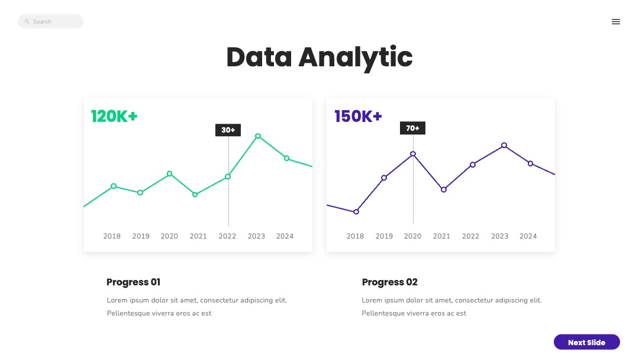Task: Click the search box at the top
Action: [51, 22]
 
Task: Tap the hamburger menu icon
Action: [616, 22]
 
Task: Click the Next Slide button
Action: [586, 342]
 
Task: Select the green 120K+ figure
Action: [114, 117]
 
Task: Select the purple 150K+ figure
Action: [358, 117]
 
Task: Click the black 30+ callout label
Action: [228, 130]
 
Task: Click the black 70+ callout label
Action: [412, 128]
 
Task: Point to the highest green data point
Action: [258, 136]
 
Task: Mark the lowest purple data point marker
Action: [356, 212]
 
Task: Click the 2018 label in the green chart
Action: [112, 236]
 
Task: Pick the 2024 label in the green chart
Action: [285, 236]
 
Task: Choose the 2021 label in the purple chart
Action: [441, 236]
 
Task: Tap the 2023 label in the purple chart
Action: [499, 236]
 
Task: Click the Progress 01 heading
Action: [133, 282]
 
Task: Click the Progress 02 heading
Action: [390, 282]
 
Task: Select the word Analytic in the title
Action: [355, 57]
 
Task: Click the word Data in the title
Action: [259, 57]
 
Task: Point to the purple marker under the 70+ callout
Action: [413, 154]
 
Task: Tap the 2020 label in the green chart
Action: [169, 236]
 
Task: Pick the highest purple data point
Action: [504, 145]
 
